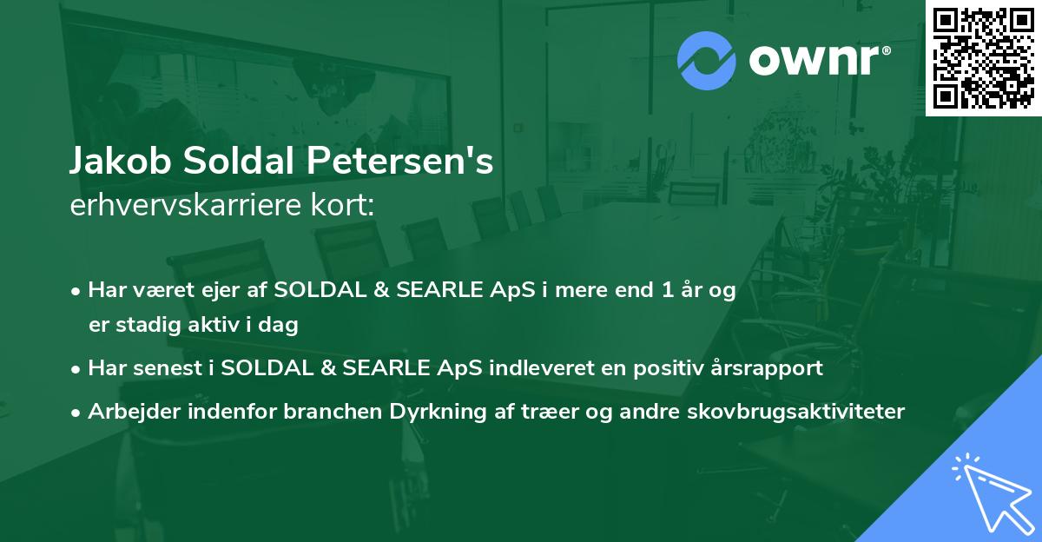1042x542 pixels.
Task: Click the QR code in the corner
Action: tap(983, 58)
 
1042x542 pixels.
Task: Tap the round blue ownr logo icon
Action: tap(707, 61)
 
